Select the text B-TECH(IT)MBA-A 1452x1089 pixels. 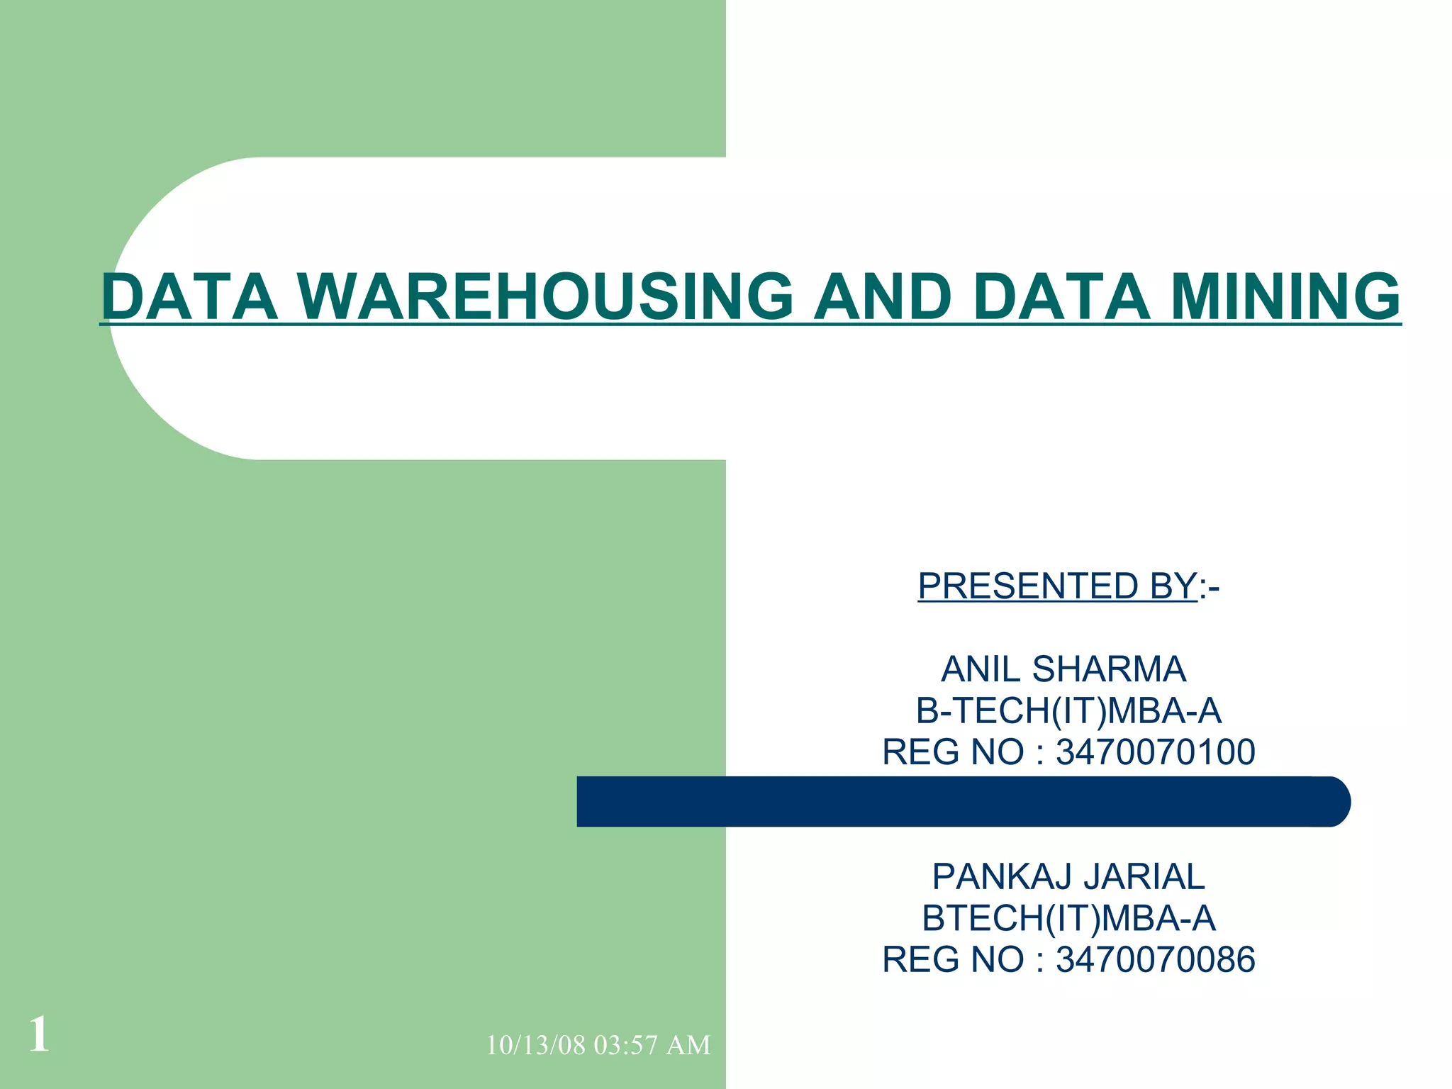[x=1068, y=711]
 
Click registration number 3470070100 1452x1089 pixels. [x=1155, y=752]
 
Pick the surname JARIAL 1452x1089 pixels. [x=1144, y=877]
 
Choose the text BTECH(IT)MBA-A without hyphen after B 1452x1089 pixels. [x=1068, y=918]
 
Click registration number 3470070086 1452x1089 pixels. [x=1155, y=960]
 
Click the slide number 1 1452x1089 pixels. [x=39, y=1035]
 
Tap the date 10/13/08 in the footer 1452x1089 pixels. [x=535, y=1046]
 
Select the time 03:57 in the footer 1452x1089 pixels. [x=625, y=1046]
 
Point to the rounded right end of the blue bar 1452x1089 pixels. [x=1333, y=802]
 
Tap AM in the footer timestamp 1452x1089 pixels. [x=688, y=1046]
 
